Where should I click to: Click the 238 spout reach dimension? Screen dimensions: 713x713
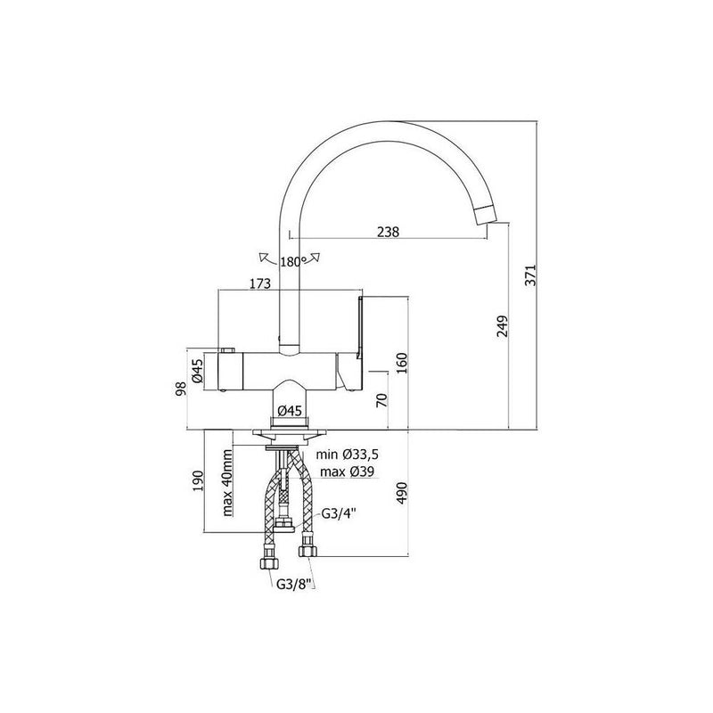(388, 232)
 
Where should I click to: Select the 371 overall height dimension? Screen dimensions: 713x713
(530, 275)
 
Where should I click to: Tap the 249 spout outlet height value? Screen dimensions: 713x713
(502, 325)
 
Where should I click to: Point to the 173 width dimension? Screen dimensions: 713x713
(260, 283)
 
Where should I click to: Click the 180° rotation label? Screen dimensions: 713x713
(293, 262)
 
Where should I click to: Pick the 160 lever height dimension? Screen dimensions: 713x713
(402, 362)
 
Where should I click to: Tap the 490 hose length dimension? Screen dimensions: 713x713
(402, 493)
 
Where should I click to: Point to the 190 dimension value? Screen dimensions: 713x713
(198, 481)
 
